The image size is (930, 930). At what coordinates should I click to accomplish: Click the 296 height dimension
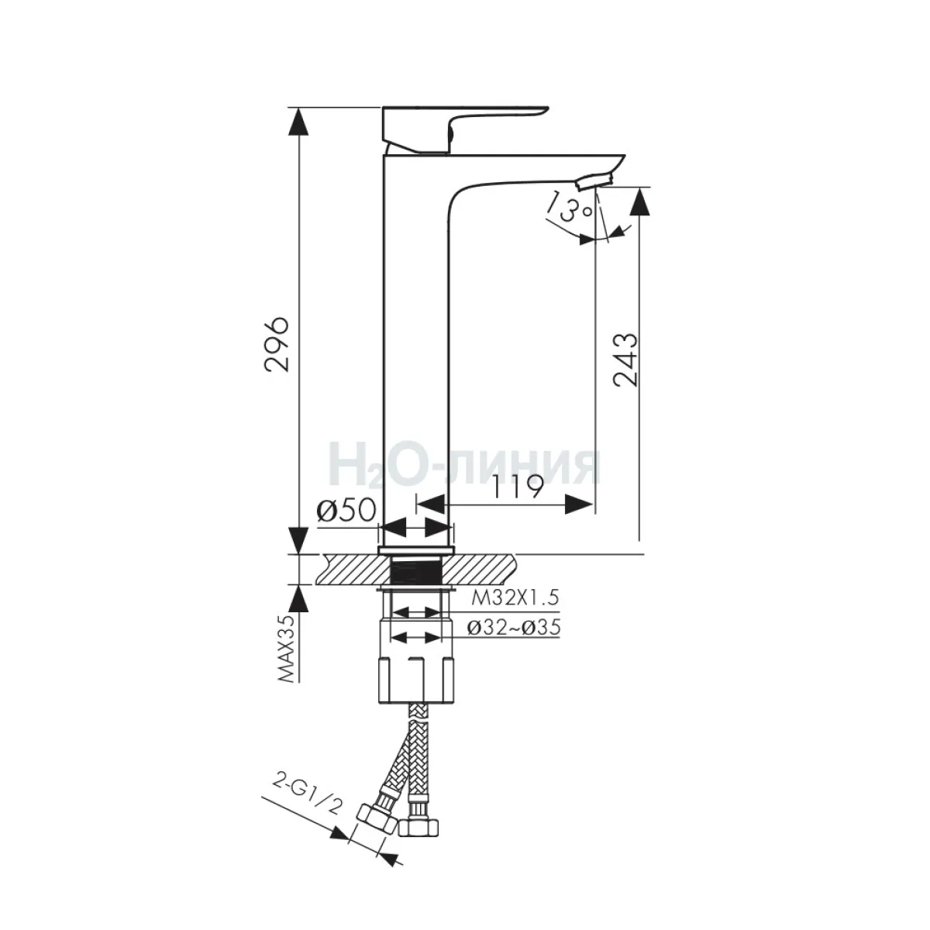pyautogui.click(x=277, y=344)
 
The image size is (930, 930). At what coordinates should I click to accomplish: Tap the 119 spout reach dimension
pyautogui.click(x=518, y=488)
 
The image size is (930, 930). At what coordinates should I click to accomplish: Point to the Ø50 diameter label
pyautogui.click(x=346, y=510)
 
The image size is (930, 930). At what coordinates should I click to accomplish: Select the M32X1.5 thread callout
pyautogui.click(x=515, y=598)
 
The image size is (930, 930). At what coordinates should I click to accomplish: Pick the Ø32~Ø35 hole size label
pyautogui.click(x=515, y=628)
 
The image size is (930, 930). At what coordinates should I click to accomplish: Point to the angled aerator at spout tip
pyautogui.click(x=594, y=182)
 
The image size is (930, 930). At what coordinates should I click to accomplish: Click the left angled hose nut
pyautogui.click(x=377, y=818)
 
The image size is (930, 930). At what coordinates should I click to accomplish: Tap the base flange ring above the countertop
pyautogui.click(x=416, y=551)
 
